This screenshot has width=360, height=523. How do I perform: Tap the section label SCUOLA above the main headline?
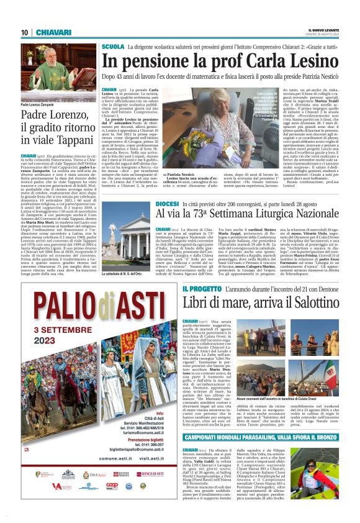point(113,47)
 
